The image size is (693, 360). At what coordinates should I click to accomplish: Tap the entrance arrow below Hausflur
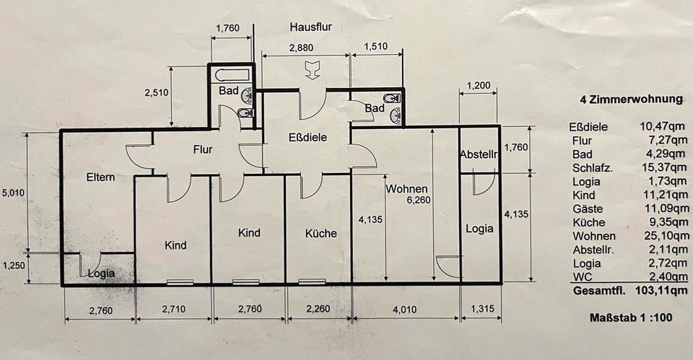pos(312,70)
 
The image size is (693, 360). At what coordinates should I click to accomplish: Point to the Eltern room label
pos(101,177)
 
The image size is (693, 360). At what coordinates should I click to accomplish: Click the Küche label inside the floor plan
pos(321,233)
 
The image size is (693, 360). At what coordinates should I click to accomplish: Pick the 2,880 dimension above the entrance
pos(304,47)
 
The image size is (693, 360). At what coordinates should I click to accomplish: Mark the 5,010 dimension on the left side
pos(13,193)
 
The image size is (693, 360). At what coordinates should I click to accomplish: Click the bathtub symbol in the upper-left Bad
pos(230,74)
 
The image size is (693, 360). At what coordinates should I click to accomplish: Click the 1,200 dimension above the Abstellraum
pos(478,85)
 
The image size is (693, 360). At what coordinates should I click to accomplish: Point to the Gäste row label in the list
pos(586,208)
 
